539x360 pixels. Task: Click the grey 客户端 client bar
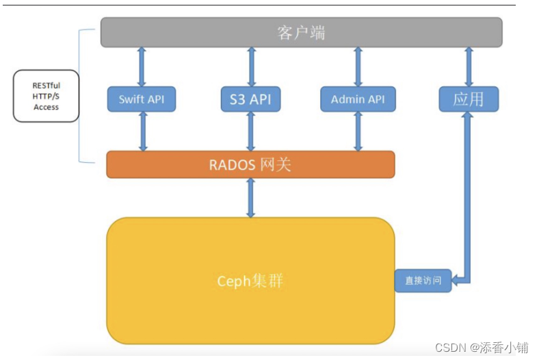tap(301, 32)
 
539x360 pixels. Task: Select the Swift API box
tap(141, 99)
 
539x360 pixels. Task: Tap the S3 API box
tap(250, 99)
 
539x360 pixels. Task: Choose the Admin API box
tap(358, 99)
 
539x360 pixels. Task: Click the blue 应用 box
tap(469, 99)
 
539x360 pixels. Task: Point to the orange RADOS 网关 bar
tap(250, 164)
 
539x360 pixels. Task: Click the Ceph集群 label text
tap(250, 281)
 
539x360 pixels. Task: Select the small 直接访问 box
tap(423, 281)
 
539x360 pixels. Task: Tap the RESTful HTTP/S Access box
tap(46, 97)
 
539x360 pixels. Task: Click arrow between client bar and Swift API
tap(142, 66)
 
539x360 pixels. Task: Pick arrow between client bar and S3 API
tap(251, 66)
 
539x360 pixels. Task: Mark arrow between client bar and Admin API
tap(358, 66)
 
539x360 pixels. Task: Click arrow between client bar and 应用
tap(469, 66)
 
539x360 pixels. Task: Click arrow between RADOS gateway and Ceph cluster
tap(250, 198)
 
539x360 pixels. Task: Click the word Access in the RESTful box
tap(46, 107)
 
